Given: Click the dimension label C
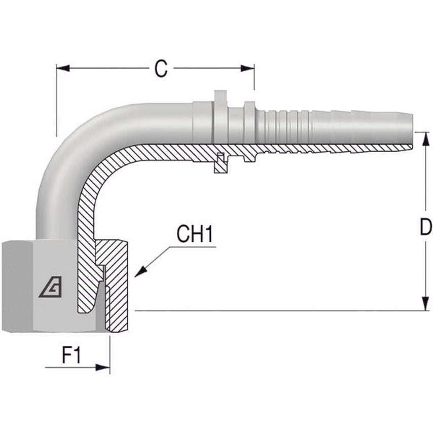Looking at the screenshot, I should [161, 69].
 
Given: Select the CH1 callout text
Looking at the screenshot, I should [195, 235].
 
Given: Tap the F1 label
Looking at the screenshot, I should [71, 356].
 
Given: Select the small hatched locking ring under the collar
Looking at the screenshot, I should [220, 163].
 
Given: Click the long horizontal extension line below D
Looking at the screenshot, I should [279, 311].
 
